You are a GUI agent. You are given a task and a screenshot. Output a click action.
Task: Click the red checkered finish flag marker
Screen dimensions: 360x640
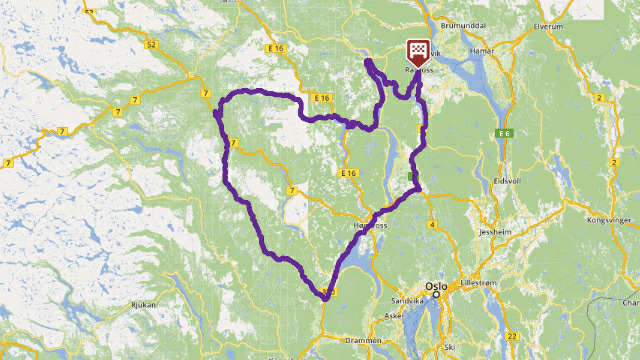point(418,52)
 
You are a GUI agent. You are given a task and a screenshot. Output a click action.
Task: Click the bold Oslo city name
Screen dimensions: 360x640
point(436,284)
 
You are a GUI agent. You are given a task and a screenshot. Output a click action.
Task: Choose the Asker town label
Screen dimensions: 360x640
point(391,314)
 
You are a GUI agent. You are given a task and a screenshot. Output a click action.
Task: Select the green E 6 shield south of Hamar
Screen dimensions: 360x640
point(503,132)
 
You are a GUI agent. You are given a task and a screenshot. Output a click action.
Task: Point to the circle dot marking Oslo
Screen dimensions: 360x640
point(435,294)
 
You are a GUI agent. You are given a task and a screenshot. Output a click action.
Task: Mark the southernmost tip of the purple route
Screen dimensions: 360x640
point(325,297)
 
